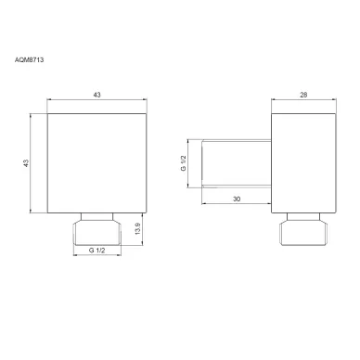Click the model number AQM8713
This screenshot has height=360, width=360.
point(29,59)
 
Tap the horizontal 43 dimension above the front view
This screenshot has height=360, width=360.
point(96,95)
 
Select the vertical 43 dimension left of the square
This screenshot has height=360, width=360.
point(26,163)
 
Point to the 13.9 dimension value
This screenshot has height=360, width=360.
point(138,228)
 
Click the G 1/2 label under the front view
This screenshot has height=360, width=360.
point(97,251)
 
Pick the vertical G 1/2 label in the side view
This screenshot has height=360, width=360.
point(184,163)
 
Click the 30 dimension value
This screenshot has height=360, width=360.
point(237,199)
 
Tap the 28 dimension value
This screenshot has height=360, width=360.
point(303,95)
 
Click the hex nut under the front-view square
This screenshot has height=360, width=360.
point(97,233)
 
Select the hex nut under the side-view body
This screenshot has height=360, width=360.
point(303,233)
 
